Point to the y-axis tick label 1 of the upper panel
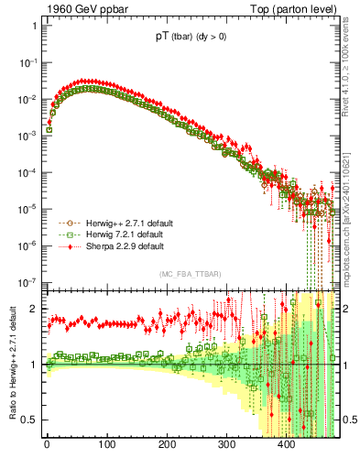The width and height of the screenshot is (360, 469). pyautogui.click(x=33, y=26)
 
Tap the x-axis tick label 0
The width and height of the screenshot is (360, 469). pyautogui.click(x=48, y=446)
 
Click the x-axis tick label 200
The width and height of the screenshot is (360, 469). pyautogui.click(x=167, y=446)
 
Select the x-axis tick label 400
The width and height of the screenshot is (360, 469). pyautogui.click(x=287, y=446)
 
